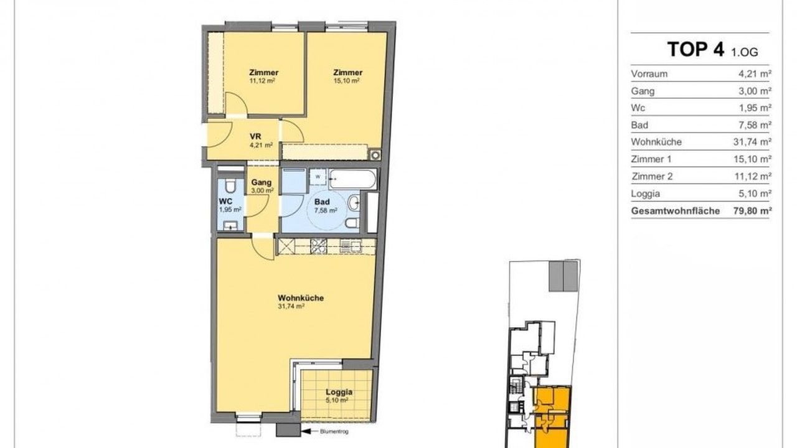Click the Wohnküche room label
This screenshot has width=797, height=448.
(301, 298)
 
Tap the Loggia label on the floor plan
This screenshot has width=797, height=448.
(339, 392)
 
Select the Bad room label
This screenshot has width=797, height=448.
(322, 202)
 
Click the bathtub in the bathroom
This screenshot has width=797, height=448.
(352, 179)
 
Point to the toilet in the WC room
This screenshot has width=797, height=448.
(230, 186)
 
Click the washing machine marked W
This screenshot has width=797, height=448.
(318, 177)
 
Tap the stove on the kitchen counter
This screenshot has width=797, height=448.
(318, 246)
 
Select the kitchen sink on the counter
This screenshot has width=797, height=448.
(351, 246)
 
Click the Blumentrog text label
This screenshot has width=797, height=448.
(334, 432)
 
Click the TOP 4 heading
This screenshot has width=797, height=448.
(696, 49)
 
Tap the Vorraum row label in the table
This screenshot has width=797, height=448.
(649, 74)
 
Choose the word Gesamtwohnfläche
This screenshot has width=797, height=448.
(676, 211)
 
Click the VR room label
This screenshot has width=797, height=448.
(255, 136)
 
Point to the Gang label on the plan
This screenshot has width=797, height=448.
(261, 182)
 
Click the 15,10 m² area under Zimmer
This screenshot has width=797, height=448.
(346, 81)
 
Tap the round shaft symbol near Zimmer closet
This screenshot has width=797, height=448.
(375, 155)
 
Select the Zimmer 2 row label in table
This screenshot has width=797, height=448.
(652, 176)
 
